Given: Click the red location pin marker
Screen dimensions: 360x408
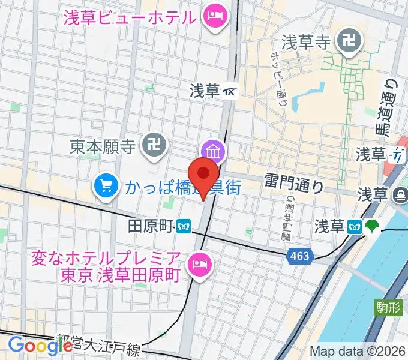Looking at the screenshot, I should [205, 175].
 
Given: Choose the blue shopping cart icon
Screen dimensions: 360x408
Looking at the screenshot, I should [106, 186].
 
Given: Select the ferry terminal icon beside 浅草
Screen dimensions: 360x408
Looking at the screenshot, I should [398, 195].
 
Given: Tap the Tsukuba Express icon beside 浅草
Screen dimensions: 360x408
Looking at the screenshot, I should [230, 92].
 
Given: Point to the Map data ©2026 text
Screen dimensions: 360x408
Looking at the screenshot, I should [358, 352].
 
